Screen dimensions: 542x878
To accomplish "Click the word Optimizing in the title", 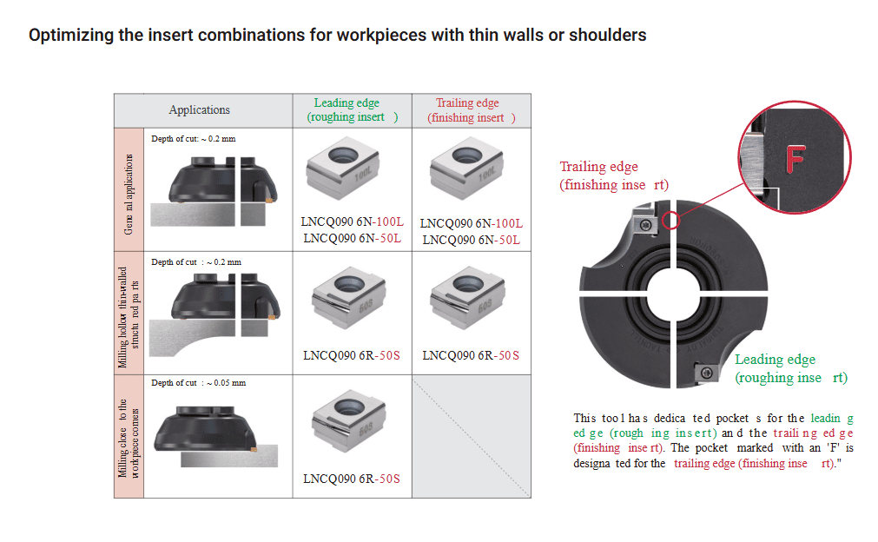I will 69,36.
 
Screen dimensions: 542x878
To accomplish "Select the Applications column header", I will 199,109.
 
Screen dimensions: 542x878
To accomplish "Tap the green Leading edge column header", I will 352,109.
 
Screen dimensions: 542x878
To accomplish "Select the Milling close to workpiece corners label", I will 129,437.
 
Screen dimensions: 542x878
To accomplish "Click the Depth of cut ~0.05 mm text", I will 198,383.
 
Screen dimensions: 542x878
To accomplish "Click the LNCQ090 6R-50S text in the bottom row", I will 351,479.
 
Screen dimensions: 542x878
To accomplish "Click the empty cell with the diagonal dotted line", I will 471,436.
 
